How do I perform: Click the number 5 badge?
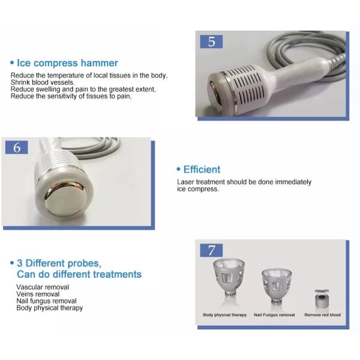(211, 41)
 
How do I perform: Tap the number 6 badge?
(17, 148)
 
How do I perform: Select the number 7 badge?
(211, 250)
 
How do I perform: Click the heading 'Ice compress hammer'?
(67, 63)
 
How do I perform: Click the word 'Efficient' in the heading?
(202, 169)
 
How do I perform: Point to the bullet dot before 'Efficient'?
(178, 169)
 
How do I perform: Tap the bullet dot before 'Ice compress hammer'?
(12, 62)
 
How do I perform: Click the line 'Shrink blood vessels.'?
(43, 82)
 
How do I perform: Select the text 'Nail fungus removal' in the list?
(46, 301)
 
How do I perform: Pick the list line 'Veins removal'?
(38, 294)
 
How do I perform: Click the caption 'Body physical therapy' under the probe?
(225, 315)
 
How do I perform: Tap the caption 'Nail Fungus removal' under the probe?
(274, 315)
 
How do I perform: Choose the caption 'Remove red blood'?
(323, 315)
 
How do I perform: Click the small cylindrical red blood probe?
(322, 299)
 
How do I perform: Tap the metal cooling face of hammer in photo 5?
(215, 94)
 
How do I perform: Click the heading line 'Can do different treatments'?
(79, 274)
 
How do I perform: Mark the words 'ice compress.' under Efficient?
(197, 189)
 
